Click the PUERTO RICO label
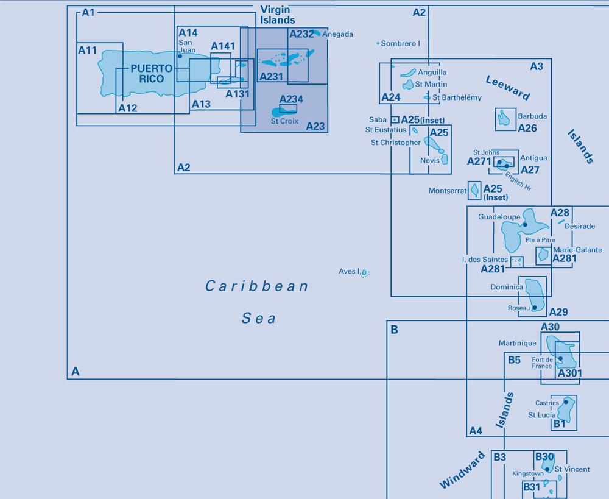click(x=147, y=74)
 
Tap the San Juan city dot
click(x=180, y=56)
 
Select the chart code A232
click(x=301, y=34)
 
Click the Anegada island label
click(x=338, y=35)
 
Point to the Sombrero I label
click(x=401, y=44)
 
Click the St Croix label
click(x=284, y=121)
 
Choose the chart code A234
click(x=291, y=99)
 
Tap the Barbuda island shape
click(x=504, y=118)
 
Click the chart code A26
click(x=527, y=128)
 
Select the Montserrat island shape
click(x=474, y=191)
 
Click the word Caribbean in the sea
click(x=257, y=286)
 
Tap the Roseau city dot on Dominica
click(x=535, y=307)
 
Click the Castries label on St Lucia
click(x=547, y=403)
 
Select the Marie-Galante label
click(x=577, y=250)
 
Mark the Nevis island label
click(x=429, y=160)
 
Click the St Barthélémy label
click(x=457, y=97)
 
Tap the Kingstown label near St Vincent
click(x=528, y=473)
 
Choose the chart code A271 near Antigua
click(x=479, y=161)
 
